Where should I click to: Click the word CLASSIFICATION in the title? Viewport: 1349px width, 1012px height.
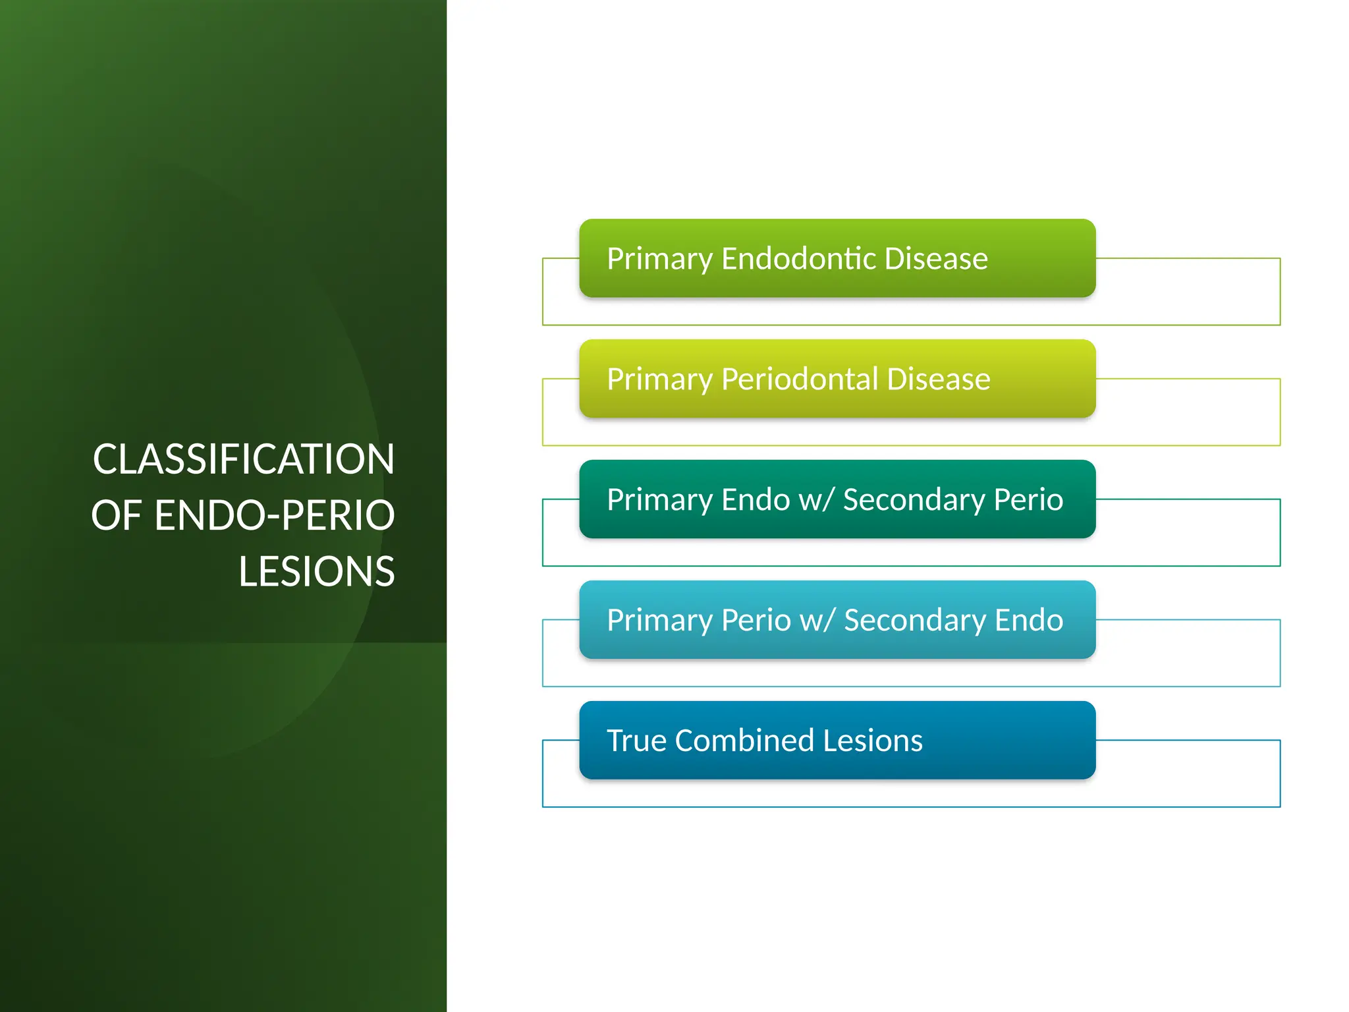click(243, 459)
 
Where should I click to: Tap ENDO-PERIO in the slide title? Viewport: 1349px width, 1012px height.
click(274, 515)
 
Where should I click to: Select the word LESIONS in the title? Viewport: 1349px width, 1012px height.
click(316, 571)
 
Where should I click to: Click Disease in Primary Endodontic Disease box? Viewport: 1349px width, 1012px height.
click(935, 258)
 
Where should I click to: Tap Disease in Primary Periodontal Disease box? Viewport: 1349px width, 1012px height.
click(938, 379)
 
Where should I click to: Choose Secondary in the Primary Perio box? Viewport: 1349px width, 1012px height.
click(914, 620)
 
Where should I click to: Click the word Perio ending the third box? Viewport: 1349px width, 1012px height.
click(1028, 499)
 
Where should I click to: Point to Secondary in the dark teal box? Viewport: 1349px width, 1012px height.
click(914, 499)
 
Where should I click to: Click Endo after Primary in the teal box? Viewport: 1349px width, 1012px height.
click(756, 499)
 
